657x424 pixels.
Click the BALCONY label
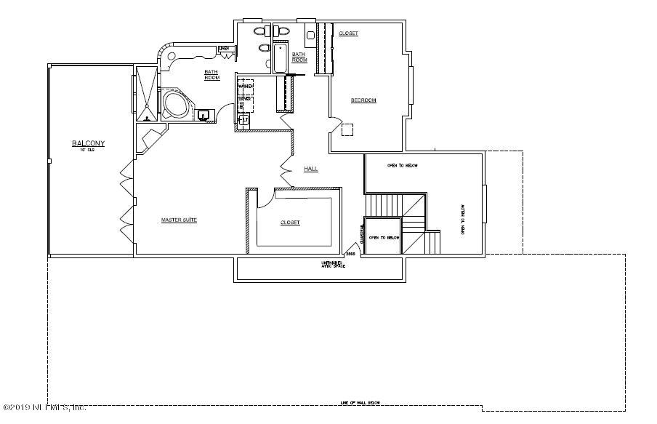pyautogui.click(x=88, y=144)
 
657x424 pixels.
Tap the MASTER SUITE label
pyautogui.click(x=179, y=220)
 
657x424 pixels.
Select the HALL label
pyautogui.click(x=311, y=169)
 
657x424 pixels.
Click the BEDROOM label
pyautogui.click(x=363, y=100)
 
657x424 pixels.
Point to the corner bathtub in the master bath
pyautogui.click(x=174, y=104)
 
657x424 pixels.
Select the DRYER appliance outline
pyautogui.click(x=245, y=100)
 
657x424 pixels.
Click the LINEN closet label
pyautogui.click(x=225, y=49)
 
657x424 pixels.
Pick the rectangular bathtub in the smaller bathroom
pyautogui.click(x=281, y=57)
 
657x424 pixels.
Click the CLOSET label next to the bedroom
pyautogui.click(x=348, y=33)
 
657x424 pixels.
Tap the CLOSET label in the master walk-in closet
pyautogui.click(x=290, y=223)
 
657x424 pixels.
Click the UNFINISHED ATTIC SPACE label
pyautogui.click(x=334, y=265)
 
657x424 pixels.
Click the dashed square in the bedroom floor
pyautogui.click(x=348, y=129)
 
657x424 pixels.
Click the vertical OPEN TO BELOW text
pyautogui.click(x=463, y=218)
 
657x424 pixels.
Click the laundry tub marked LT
pyautogui.click(x=245, y=119)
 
